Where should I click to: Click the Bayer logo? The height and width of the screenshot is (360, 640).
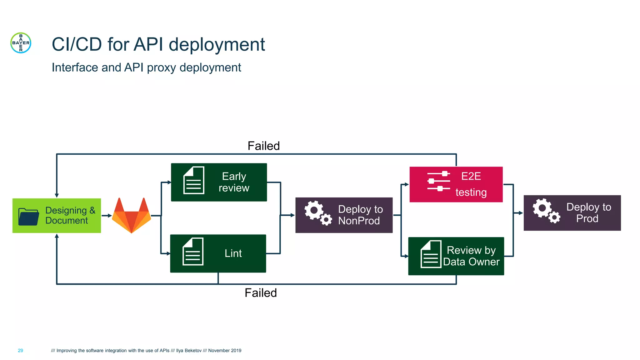(21, 43)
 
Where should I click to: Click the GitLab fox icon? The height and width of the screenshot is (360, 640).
(132, 216)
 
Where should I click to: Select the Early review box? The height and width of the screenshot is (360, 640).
(219, 182)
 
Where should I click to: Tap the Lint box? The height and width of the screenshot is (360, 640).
(218, 253)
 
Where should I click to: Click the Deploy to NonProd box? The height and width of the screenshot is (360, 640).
(344, 215)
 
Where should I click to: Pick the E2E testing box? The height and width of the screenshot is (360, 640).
(456, 184)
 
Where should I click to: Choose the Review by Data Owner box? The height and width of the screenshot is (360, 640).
(456, 256)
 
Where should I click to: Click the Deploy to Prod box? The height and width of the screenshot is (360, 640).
(572, 213)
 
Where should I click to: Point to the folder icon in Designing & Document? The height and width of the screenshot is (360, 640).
(28, 216)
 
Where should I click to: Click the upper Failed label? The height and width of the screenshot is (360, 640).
(263, 146)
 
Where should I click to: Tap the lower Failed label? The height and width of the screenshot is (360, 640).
(261, 293)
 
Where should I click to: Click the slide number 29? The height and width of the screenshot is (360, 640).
(20, 351)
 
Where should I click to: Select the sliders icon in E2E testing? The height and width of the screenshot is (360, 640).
(438, 181)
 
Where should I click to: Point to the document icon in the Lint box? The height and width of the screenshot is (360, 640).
(193, 252)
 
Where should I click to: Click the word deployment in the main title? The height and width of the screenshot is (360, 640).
(217, 44)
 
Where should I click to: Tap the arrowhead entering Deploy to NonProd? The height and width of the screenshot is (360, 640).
(292, 215)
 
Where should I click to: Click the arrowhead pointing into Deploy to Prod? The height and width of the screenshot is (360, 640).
(521, 213)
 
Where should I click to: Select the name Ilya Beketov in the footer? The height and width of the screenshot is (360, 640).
(189, 351)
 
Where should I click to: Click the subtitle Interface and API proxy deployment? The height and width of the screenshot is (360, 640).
(146, 67)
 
